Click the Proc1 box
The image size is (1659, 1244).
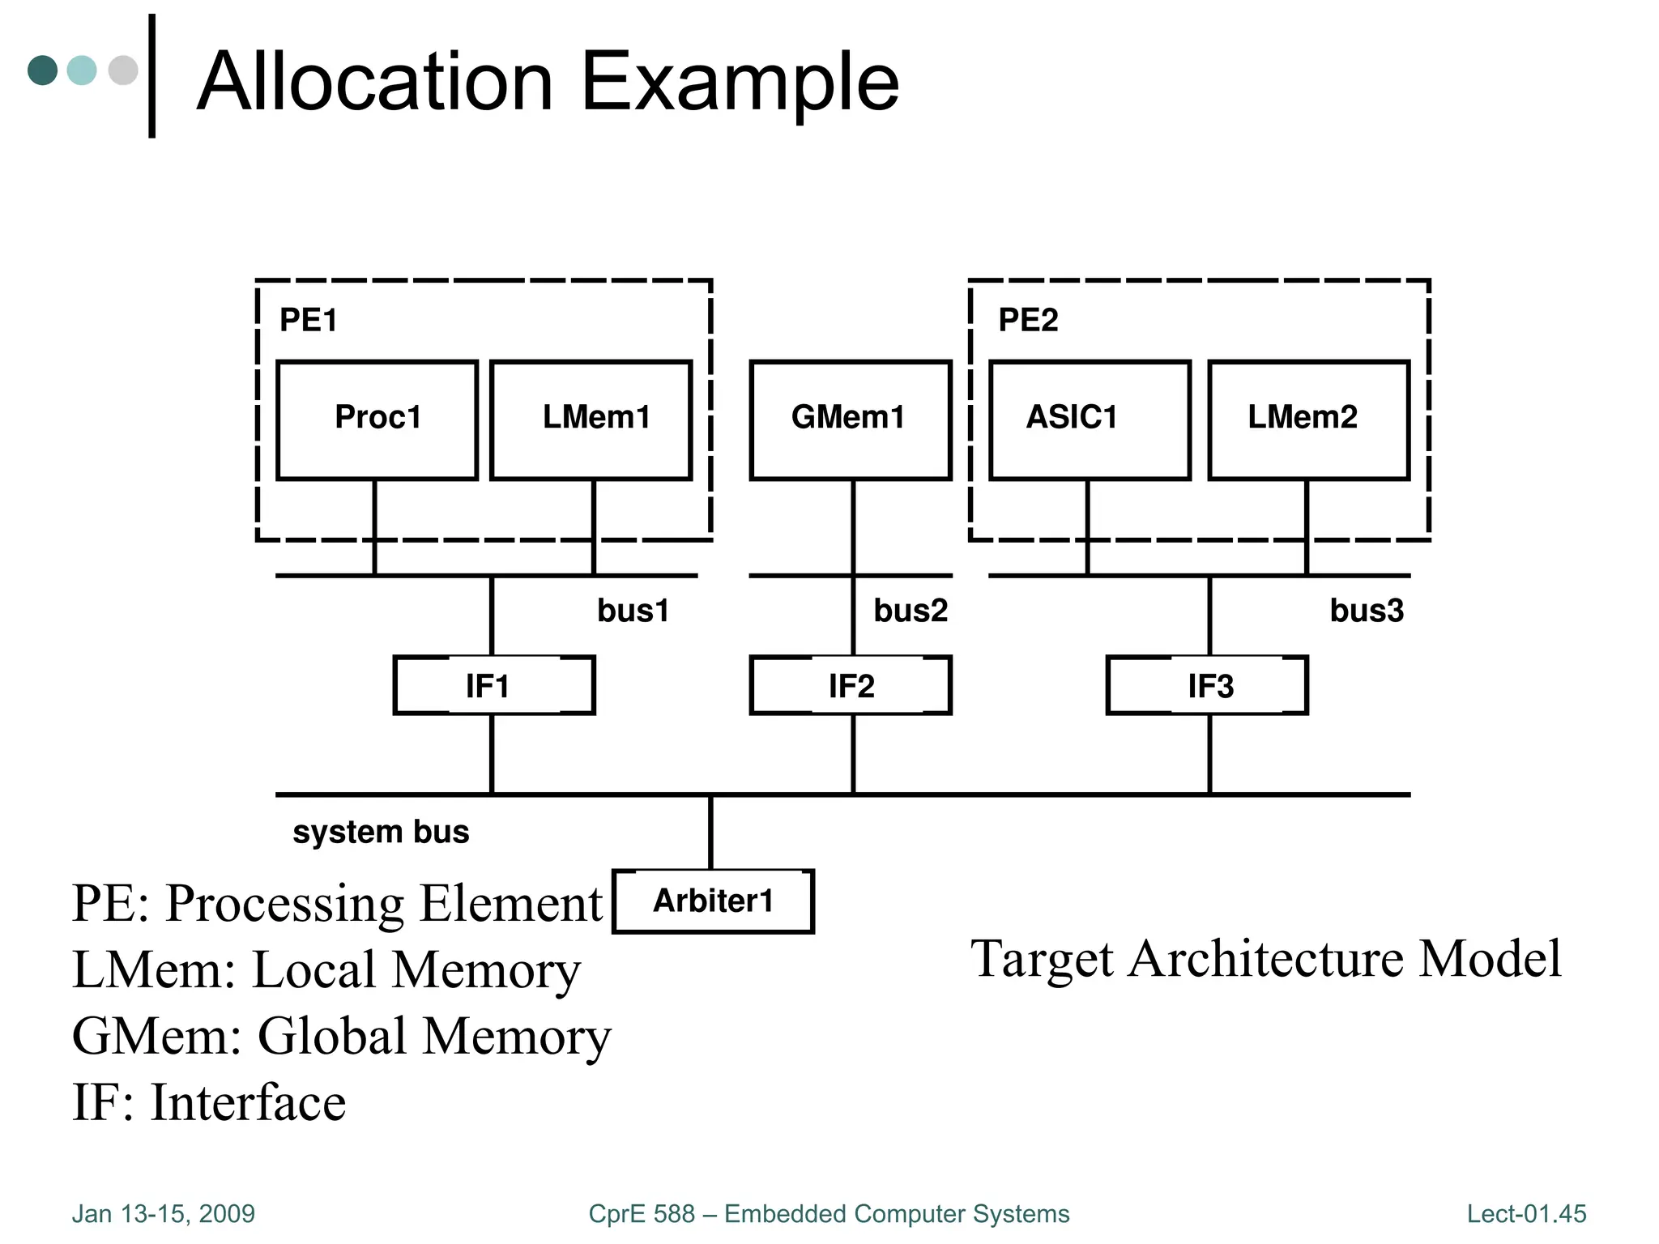pyautogui.click(x=377, y=420)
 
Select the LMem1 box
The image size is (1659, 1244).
pyautogui.click(x=591, y=420)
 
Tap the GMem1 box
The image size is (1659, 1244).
pyautogui.click(x=850, y=420)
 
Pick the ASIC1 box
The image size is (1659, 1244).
pyautogui.click(x=1090, y=420)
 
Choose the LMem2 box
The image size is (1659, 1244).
pyautogui.click(x=1308, y=420)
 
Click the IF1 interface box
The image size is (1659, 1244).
pyautogui.click(x=493, y=685)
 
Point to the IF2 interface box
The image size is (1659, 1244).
pyautogui.click(x=851, y=685)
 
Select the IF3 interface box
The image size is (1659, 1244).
pyautogui.click(x=1207, y=685)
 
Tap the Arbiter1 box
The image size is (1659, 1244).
pyautogui.click(x=713, y=901)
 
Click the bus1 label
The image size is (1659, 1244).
pyautogui.click(x=633, y=611)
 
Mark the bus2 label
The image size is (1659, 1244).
pyautogui.click(x=911, y=611)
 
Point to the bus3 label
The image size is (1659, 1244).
pyautogui.click(x=1367, y=611)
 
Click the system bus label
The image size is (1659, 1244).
pyautogui.click(x=381, y=832)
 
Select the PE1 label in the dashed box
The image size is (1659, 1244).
pyautogui.click(x=308, y=321)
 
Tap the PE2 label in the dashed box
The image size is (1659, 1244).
pyautogui.click(x=1028, y=321)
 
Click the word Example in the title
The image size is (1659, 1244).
pyautogui.click(x=740, y=83)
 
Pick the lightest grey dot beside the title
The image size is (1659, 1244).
pyautogui.click(x=123, y=70)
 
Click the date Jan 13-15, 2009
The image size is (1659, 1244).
pyautogui.click(x=163, y=1214)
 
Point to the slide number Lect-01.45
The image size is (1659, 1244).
pyautogui.click(x=1526, y=1214)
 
